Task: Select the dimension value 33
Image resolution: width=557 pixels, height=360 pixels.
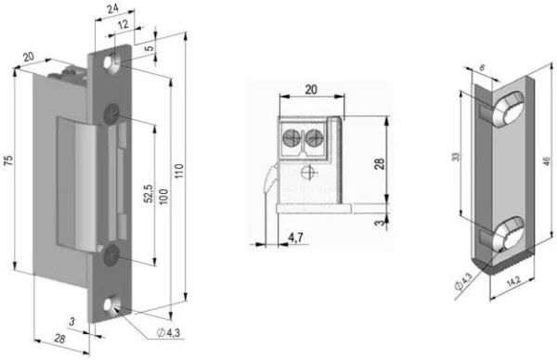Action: point(455,158)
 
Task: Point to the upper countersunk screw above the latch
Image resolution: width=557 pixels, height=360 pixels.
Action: point(112,112)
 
